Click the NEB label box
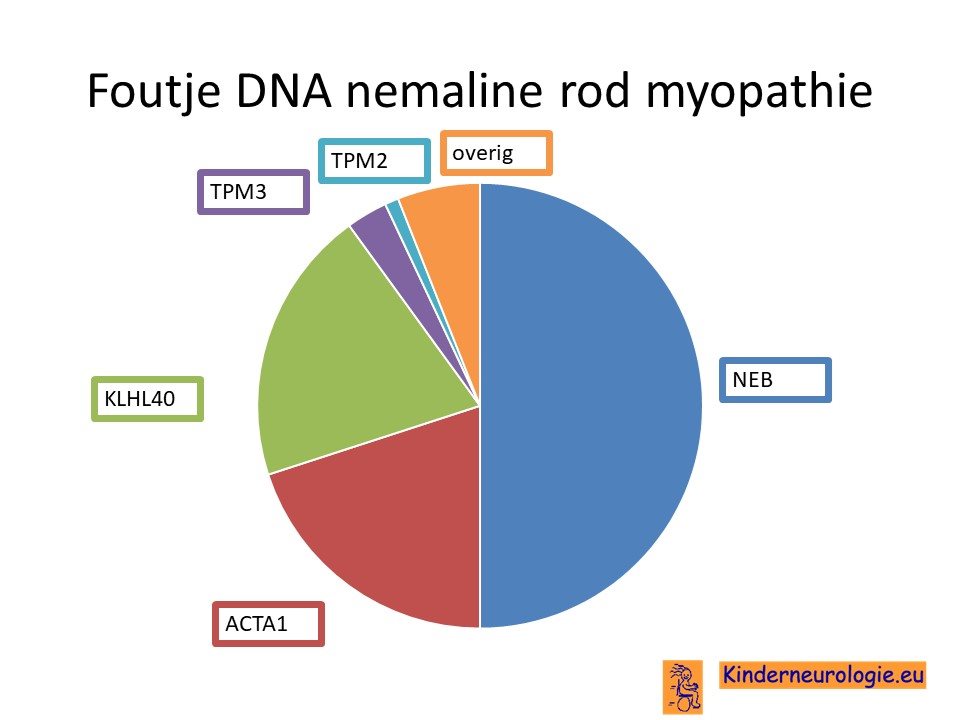point(775,380)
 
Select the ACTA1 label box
point(268,624)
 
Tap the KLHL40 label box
point(147,399)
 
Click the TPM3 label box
point(253,192)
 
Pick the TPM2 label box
point(374,160)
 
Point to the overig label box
point(496,153)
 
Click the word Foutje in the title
point(154,92)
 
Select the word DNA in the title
point(284,91)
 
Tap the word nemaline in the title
point(445,90)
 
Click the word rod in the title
point(594,90)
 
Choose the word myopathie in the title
point(759,93)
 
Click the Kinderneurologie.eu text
point(822,675)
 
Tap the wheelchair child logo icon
point(683,687)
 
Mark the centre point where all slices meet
point(479,406)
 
